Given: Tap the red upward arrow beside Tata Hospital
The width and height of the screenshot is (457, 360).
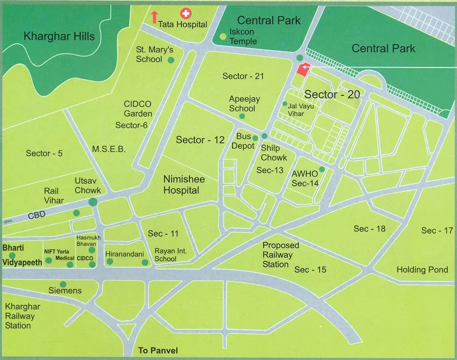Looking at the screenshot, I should pyautogui.click(x=154, y=16).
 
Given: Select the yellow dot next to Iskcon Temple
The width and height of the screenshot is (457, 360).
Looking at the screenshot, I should pyautogui.click(x=223, y=36).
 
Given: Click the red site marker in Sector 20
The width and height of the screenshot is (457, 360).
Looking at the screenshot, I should pyautogui.click(x=303, y=70).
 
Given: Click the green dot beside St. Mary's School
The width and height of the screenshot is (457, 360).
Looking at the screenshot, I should pyautogui.click(x=171, y=60).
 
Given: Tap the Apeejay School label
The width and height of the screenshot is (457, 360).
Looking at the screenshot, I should pyautogui.click(x=242, y=104).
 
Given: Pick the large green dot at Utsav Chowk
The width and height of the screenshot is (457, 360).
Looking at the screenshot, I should pyautogui.click(x=93, y=202).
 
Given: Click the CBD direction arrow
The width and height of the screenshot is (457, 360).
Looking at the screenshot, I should pyautogui.click(x=8, y=222).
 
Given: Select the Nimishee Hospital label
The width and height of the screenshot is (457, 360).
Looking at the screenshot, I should pyautogui.click(x=181, y=184).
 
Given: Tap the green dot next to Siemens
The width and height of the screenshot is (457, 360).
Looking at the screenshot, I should pyautogui.click(x=63, y=284).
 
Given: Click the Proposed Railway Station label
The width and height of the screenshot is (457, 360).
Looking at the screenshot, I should pyautogui.click(x=281, y=254).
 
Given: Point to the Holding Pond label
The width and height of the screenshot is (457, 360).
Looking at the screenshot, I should pyautogui.click(x=422, y=270).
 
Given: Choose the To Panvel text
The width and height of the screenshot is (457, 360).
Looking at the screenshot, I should pyautogui.click(x=158, y=351).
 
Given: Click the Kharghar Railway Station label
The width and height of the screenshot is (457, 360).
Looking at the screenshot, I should pyautogui.click(x=20, y=316).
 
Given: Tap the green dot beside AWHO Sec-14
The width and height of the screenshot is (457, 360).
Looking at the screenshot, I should pyautogui.click(x=321, y=169).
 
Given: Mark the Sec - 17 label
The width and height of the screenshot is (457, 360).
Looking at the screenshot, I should pyautogui.click(x=437, y=231).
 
